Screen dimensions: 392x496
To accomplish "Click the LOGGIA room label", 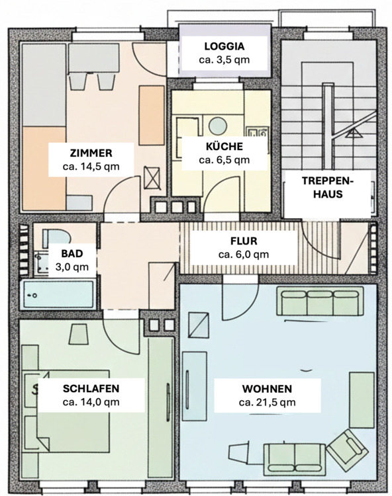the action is click(224, 46).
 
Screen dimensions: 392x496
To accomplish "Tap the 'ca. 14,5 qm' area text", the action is click(91, 167).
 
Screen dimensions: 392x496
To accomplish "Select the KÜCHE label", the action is click(224, 146).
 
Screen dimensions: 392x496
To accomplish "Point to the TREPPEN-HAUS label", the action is click(328, 187).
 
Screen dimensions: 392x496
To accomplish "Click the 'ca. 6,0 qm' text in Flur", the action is click(244, 255).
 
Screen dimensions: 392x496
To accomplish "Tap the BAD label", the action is click(72, 253).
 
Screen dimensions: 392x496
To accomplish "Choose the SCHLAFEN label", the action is click(91, 388).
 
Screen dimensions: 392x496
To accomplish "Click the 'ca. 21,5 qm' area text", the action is click(268, 402).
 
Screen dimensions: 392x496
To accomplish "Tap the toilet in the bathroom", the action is click(56, 238).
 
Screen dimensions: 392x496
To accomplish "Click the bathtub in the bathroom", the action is click(58, 294).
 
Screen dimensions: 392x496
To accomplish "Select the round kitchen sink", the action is click(218, 125).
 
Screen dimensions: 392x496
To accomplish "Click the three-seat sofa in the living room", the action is click(320, 301).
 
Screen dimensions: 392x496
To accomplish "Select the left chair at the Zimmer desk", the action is click(78, 81).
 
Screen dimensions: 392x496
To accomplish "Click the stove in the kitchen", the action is click(257, 133).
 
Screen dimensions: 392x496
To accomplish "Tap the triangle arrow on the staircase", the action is click(354, 133).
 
